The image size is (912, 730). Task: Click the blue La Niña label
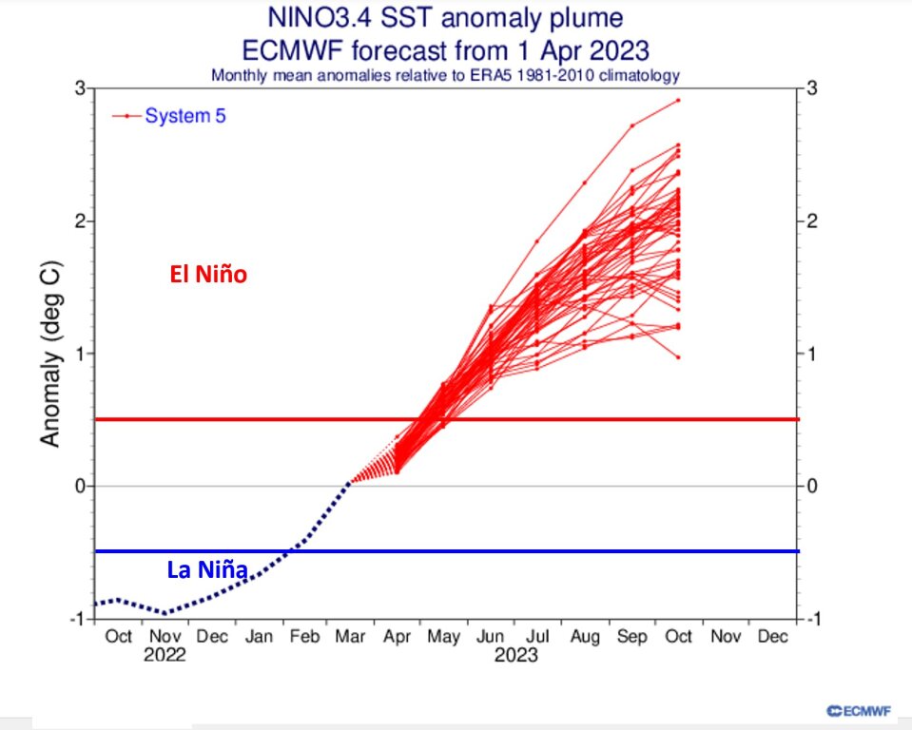click(207, 570)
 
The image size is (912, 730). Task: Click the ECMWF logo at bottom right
click(862, 709)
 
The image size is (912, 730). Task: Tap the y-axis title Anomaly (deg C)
click(52, 353)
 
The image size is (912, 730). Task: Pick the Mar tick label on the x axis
click(350, 636)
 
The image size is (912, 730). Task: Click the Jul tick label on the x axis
click(537, 636)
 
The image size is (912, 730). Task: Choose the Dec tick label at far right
click(772, 636)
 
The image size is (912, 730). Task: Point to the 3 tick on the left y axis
click(80, 88)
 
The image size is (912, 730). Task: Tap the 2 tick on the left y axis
click(80, 221)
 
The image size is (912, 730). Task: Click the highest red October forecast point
click(678, 100)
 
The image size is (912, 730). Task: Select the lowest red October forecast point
click(678, 357)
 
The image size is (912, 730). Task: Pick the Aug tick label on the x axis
click(584, 636)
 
